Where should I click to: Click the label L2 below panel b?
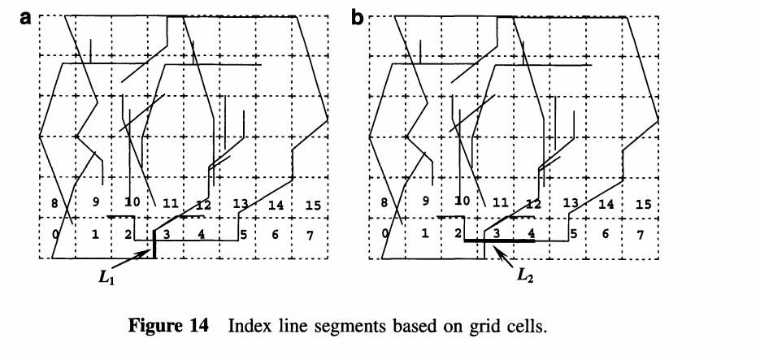point(524,273)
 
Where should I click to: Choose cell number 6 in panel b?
point(606,235)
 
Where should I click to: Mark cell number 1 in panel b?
point(424,235)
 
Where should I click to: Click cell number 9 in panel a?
point(96,202)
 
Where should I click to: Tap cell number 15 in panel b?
point(643,205)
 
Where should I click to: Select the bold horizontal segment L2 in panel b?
point(504,241)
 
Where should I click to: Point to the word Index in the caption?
point(250,327)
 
